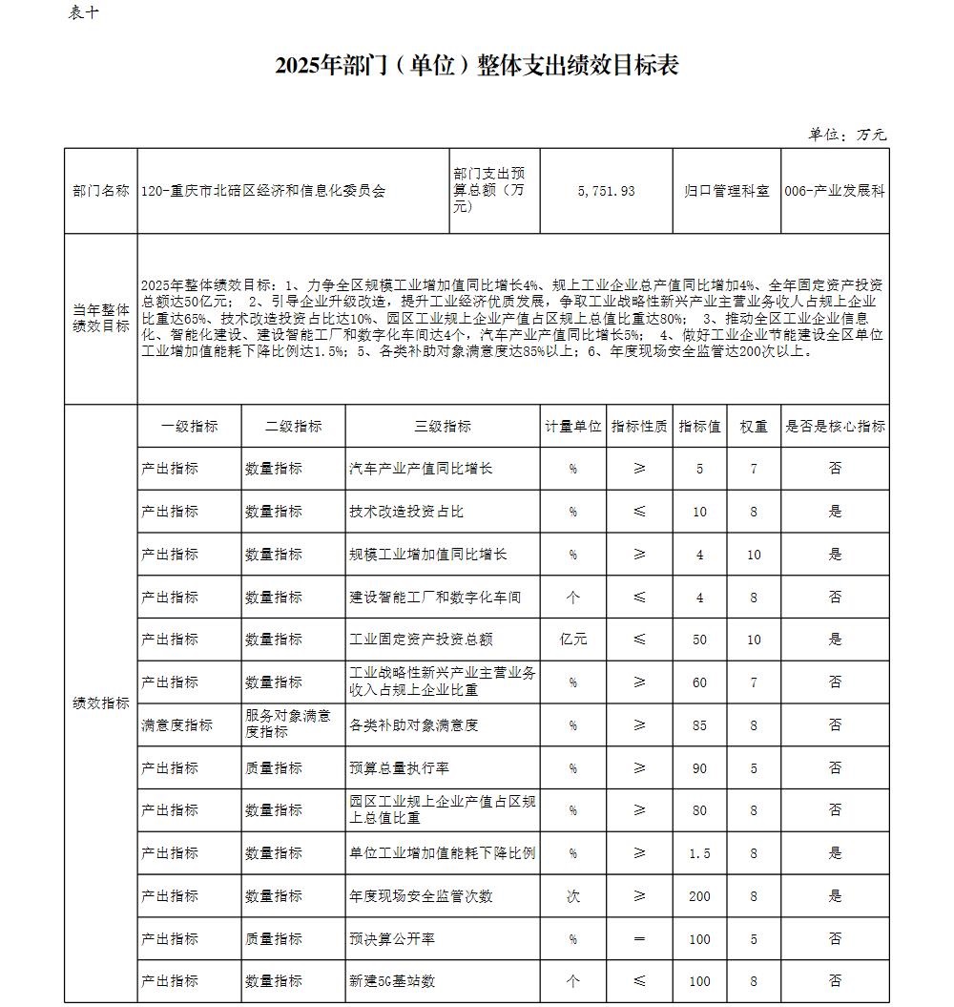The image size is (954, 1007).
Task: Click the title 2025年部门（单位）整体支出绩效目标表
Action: [476, 65]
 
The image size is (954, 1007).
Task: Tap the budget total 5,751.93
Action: [606, 191]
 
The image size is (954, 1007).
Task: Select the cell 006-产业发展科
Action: [835, 191]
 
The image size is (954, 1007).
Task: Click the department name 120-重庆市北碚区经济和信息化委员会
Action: [263, 191]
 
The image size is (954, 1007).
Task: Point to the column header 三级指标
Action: [443, 427]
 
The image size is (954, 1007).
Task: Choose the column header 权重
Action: [754, 427]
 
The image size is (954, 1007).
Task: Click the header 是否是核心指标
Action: [835, 427]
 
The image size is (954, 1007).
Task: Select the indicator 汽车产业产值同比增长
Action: [421, 469]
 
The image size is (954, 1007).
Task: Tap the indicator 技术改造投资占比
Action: [406, 512]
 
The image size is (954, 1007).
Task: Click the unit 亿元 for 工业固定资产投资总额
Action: [573, 640]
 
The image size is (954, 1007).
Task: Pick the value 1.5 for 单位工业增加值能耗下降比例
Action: [699, 853]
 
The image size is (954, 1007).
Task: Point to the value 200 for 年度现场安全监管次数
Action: [699, 896]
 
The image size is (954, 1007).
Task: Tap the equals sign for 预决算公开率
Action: [639, 939]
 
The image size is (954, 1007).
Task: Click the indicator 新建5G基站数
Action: [392, 981]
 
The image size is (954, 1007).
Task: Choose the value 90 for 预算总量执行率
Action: [699, 768]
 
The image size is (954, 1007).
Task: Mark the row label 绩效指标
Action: [101, 703]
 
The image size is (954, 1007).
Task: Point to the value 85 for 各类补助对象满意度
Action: [699, 725]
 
